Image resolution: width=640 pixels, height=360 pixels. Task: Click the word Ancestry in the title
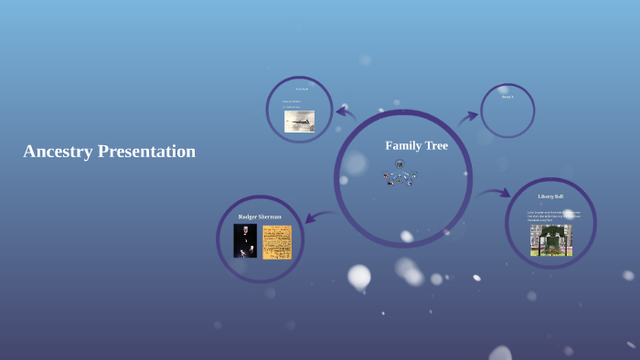[x=58, y=152]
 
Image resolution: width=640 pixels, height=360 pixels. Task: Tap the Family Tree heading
[x=416, y=145]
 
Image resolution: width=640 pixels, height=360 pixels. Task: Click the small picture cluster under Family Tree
[x=400, y=174]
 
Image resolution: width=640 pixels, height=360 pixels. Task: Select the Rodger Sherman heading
[x=260, y=217]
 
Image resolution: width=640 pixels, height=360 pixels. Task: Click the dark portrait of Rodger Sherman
[x=245, y=241]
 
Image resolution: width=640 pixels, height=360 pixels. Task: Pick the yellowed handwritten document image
[x=276, y=242]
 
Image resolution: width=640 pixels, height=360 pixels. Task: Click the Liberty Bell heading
[x=550, y=196]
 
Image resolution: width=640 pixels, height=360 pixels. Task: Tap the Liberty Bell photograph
[x=550, y=239]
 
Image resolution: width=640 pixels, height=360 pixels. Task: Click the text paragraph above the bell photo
[x=553, y=216]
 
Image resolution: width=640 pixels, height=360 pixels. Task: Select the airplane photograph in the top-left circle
[x=299, y=122]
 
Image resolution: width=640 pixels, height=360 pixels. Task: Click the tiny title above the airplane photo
[x=301, y=89]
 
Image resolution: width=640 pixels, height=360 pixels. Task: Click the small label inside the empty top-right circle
[x=507, y=96]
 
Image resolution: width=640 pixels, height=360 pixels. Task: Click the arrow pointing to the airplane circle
[x=345, y=113]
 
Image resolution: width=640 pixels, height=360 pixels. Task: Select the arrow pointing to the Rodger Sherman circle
[x=318, y=217]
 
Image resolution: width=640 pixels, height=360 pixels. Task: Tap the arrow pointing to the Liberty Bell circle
[x=494, y=193]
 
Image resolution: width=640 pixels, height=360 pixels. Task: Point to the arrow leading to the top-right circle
[x=467, y=117]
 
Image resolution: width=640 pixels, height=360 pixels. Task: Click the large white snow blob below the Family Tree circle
[x=359, y=275]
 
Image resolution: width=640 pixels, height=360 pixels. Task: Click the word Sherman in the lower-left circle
[x=270, y=217]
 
